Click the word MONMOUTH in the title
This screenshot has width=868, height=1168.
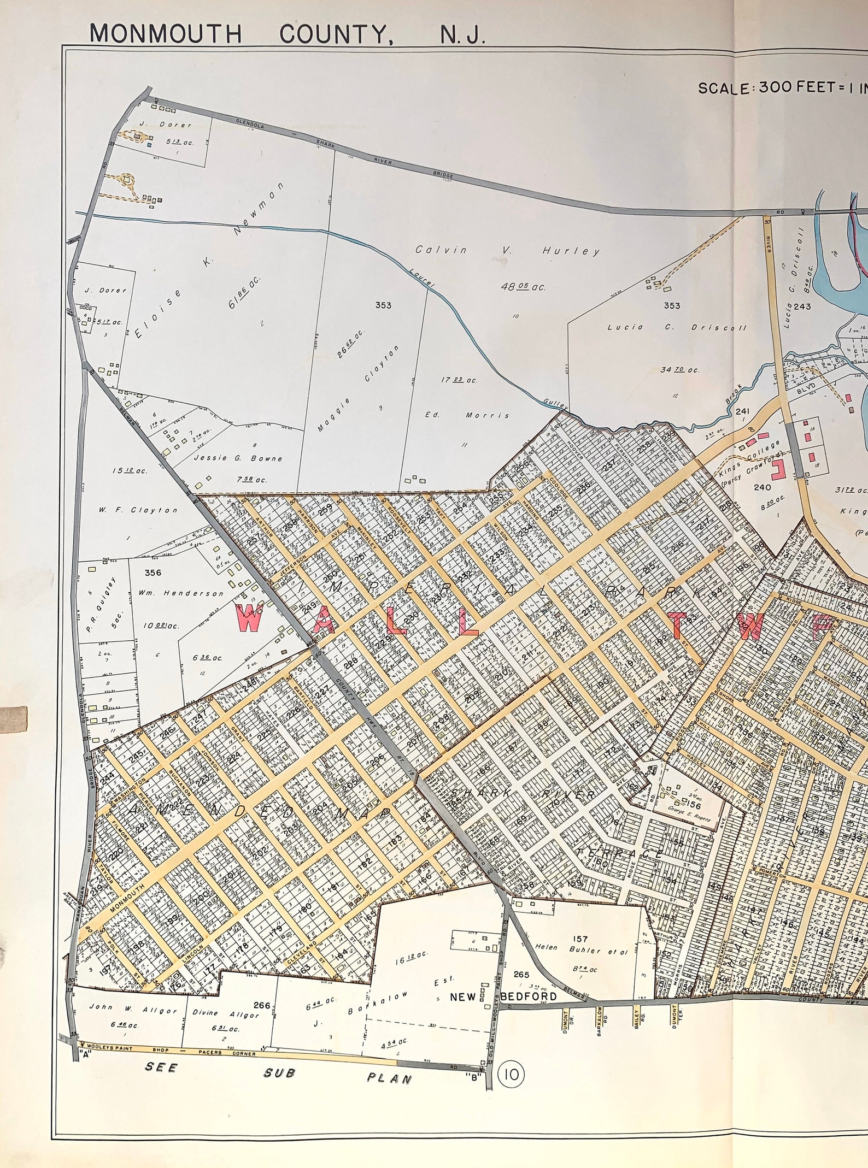(x=166, y=33)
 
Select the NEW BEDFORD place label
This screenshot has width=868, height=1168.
(x=503, y=981)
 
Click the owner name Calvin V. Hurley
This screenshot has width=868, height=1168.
(x=507, y=251)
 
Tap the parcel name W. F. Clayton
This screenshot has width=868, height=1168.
(x=138, y=510)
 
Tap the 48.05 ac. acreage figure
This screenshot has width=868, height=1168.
(x=524, y=286)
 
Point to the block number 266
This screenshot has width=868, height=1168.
(x=262, y=990)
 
